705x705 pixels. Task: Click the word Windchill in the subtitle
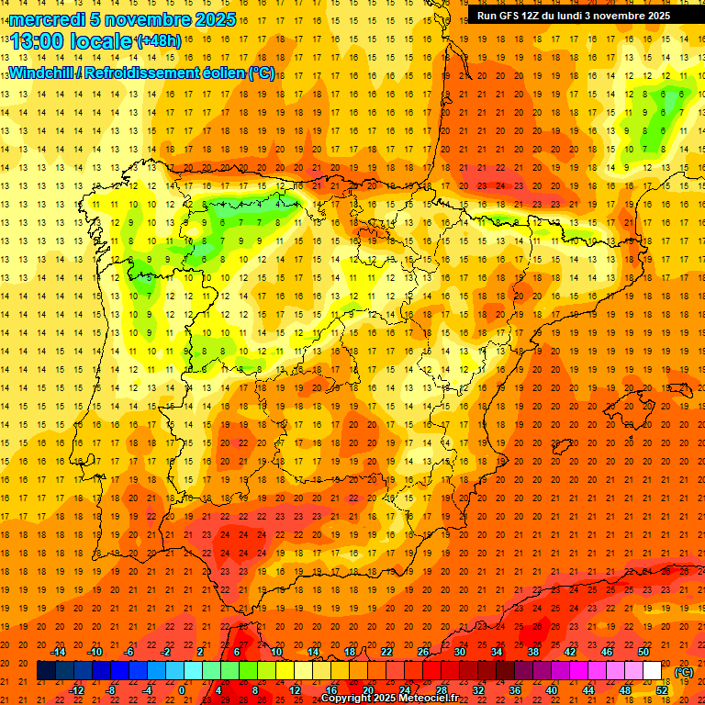(x=41, y=73)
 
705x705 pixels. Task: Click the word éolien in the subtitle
(x=225, y=73)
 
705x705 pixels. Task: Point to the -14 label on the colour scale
(x=58, y=652)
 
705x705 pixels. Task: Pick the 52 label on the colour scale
(x=662, y=690)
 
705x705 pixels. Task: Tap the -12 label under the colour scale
(x=76, y=690)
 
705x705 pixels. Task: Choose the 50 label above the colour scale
(x=643, y=652)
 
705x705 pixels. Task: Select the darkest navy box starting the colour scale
(x=46, y=671)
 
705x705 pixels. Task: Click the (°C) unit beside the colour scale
(x=684, y=673)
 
